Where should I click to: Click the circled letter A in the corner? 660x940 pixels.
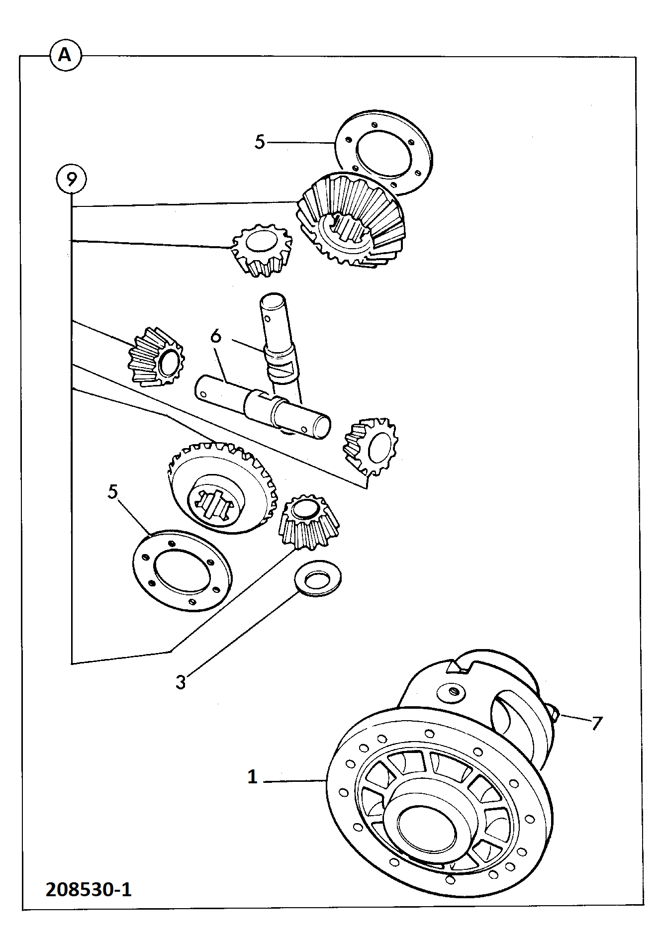tap(65, 55)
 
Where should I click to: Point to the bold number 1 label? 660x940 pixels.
tap(253, 777)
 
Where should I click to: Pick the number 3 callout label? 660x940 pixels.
tap(181, 681)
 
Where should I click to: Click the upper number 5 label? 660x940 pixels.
tap(260, 142)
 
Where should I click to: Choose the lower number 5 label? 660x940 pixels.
tap(113, 491)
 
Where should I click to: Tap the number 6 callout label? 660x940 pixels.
tap(216, 336)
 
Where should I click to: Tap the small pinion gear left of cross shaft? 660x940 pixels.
tap(156, 357)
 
